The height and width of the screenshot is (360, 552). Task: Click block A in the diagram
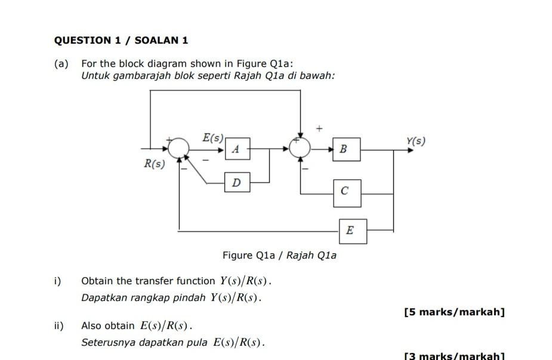[x=238, y=149]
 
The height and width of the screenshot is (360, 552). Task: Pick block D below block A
[x=237, y=182]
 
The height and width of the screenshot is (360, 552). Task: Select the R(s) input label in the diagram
[x=154, y=164]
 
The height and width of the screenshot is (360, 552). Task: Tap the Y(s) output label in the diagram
[x=416, y=141]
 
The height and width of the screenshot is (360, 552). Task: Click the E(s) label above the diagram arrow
[x=213, y=138]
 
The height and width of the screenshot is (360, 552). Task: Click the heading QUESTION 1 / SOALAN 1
[x=121, y=41]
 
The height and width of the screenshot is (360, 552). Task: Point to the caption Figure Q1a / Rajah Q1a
[x=279, y=256]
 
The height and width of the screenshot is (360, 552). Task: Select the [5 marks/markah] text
[x=454, y=312]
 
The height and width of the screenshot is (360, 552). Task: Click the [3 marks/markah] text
[x=454, y=356]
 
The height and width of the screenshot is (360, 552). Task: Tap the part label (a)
[x=61, y=63]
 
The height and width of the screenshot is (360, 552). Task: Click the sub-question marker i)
[x=57, y=281]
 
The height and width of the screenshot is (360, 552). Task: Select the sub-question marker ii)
[x=58, y=326]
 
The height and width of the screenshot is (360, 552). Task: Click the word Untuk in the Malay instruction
[x=95, y=76]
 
